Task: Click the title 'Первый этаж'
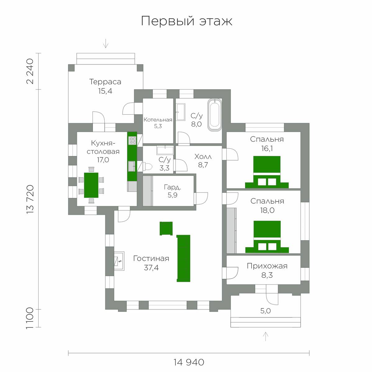point(187,21)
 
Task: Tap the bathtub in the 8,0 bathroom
point(215,115)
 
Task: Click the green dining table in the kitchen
point(91,185)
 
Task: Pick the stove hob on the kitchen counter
point(133,140)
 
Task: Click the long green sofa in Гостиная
point(184,258)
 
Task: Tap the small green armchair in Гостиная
point(166,228)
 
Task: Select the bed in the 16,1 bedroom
point(267,172)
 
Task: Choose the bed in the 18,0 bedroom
point(267,237)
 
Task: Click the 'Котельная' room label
point(158,120)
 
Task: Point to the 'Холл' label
point(203,157)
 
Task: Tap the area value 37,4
point(151,268)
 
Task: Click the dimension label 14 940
point(188,362)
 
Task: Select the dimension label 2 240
point(30,71)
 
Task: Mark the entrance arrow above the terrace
point(106,43)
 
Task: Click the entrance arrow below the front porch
point(266,336)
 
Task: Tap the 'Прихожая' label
point(267,266)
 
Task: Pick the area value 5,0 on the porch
point(265,311)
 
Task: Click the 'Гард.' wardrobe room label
point(173,187)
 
